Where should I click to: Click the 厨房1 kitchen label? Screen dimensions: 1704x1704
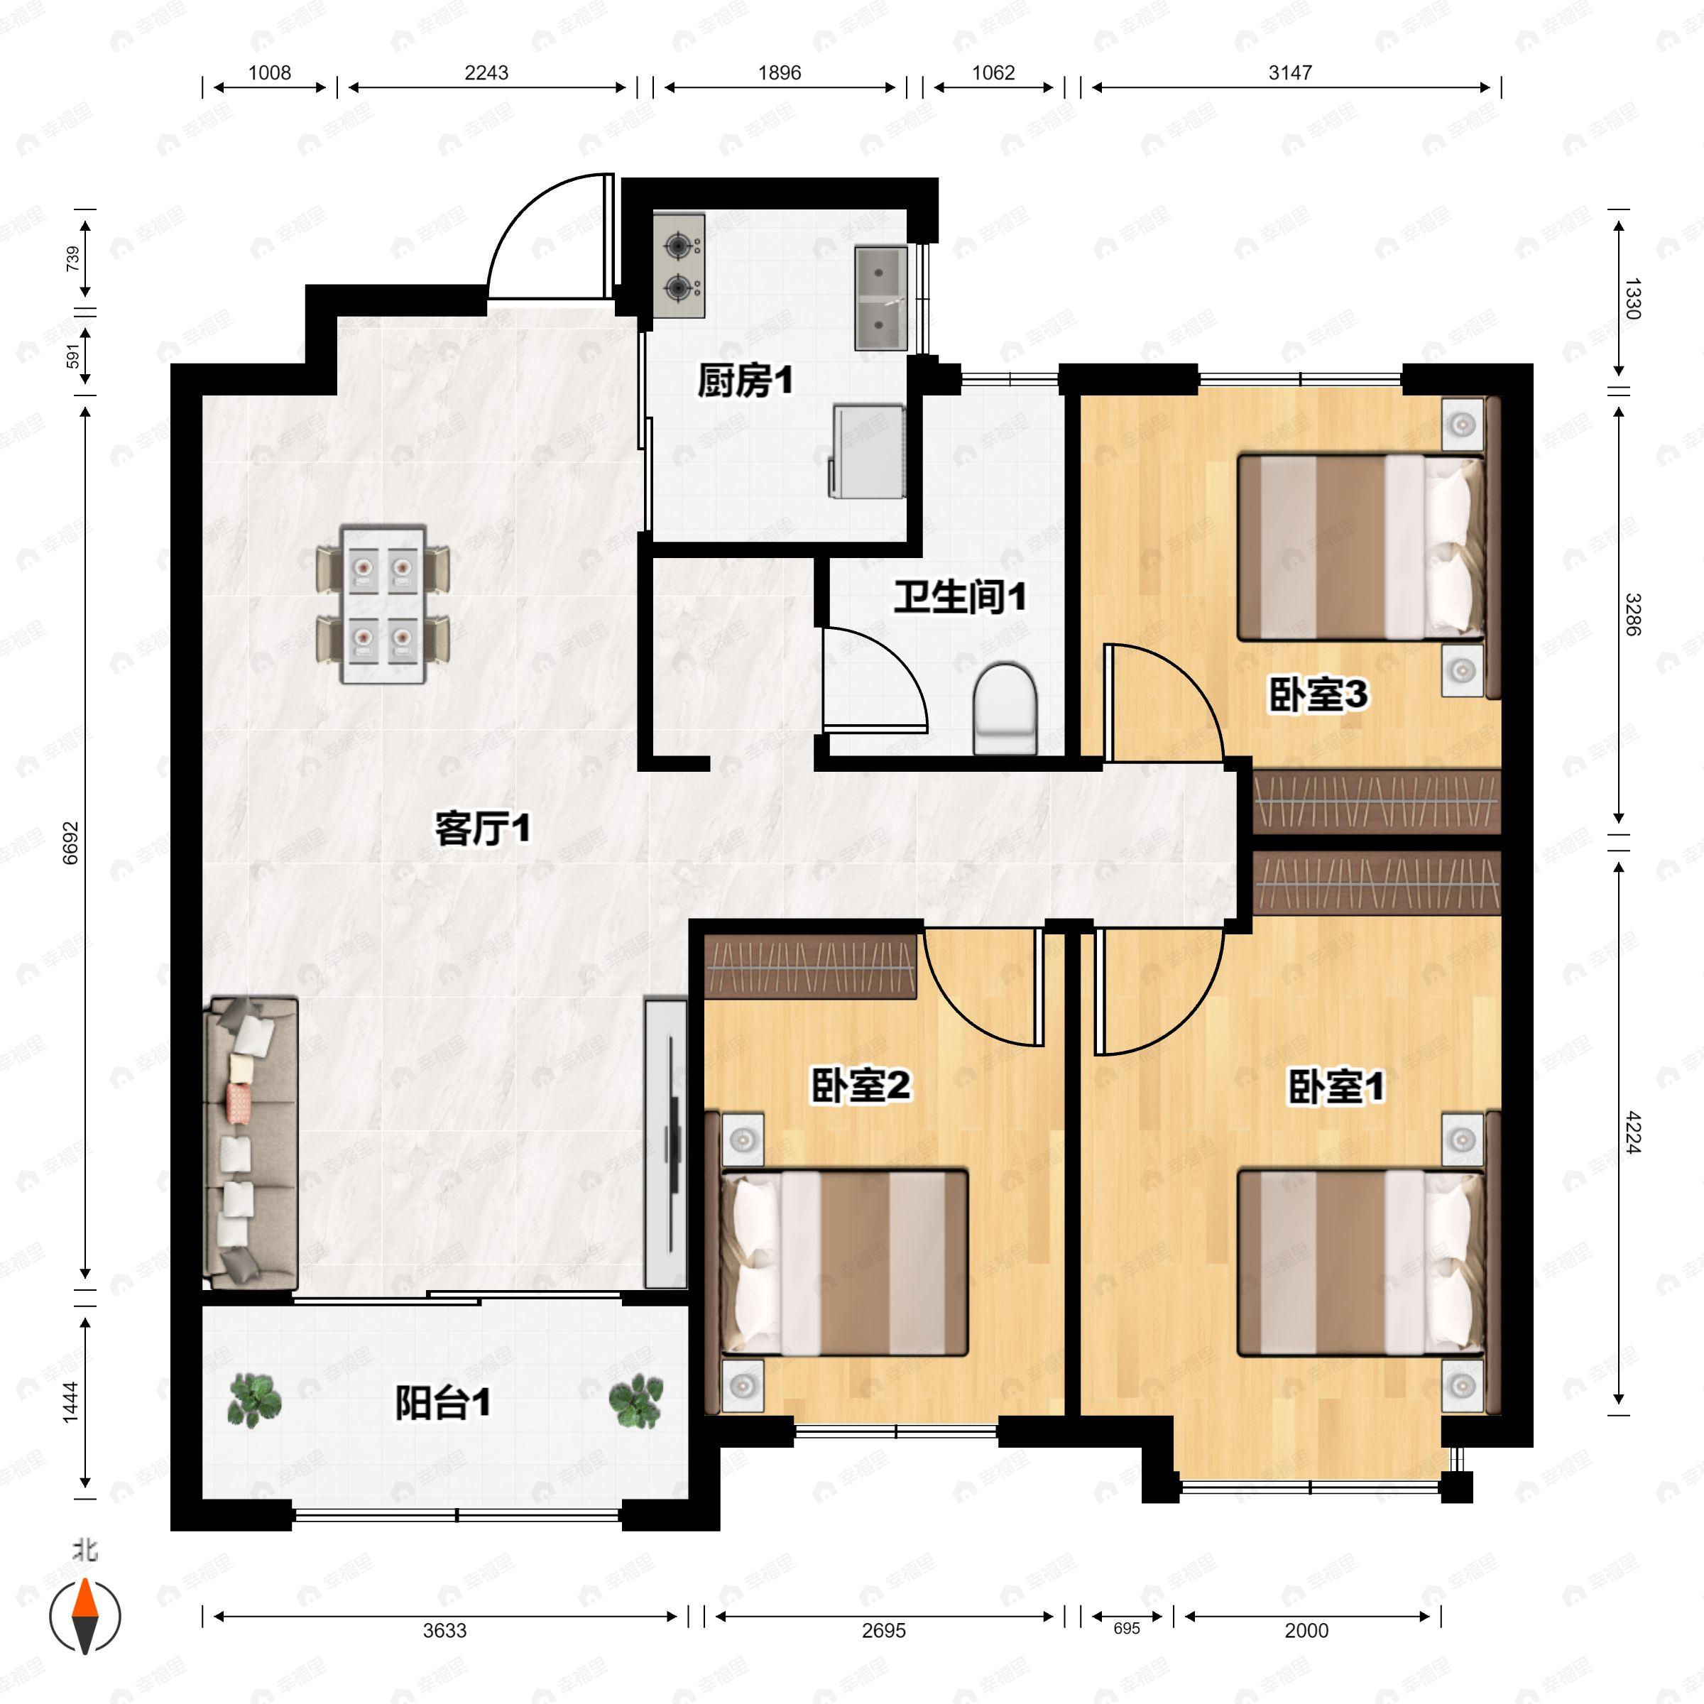745,381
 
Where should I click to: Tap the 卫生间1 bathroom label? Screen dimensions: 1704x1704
960,597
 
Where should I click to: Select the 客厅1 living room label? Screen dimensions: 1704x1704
483,829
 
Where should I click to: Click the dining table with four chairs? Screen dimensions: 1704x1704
383,603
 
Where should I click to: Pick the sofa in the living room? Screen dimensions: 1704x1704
251,1143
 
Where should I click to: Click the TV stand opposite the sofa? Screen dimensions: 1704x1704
666,1143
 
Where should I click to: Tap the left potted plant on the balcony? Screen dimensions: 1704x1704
254,1402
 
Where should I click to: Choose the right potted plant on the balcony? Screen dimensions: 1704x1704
635,1402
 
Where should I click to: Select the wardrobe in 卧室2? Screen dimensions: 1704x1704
811,966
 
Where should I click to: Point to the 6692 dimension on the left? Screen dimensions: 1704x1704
70,843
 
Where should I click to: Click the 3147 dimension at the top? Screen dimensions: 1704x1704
1290,72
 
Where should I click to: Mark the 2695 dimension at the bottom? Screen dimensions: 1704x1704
884,1631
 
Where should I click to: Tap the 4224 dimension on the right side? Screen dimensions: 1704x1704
1632,1132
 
